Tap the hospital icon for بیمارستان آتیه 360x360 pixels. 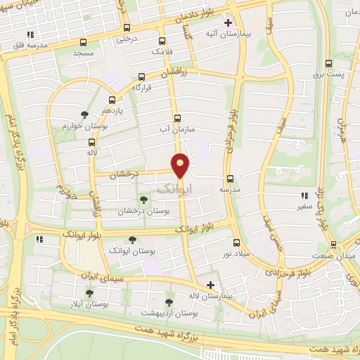pyautogui.click(x=227, y=22)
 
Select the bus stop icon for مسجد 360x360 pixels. pyautogui.click(x=84, y=41)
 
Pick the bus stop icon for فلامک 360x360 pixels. pyautogui.click(x=162, y=41)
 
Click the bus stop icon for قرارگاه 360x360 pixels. pyautogui.click(x=142, y=77)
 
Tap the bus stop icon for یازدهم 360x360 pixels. pyautogui.click(x=112, y=100)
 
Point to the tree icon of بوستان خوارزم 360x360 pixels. pyautogui.click(x=84, y=114)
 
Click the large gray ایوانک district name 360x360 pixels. pyautogui.click(x=174, y=188)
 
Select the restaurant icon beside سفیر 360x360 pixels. pyautogui.click(x=304, y=196)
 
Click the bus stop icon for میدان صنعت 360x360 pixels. pyautogui.click(x=333, y=245)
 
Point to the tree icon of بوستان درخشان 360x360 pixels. pyautogui.click(x=143, y=200)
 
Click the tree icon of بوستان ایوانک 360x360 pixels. pyautogui.click(x=132, y=240)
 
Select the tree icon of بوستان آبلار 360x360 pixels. pyautogui.click(x=89, y=293)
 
